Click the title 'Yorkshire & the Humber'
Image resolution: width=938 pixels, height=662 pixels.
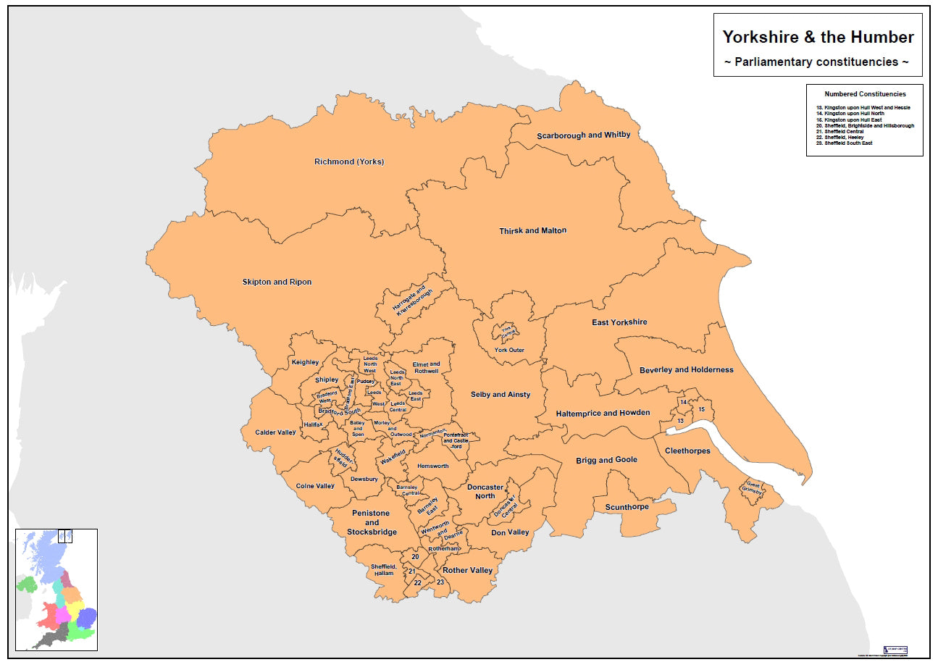818,37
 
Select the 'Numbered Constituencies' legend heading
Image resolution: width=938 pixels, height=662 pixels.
864,94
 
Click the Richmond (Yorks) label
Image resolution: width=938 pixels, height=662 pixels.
349,162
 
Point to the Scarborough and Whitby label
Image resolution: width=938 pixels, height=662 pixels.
583,135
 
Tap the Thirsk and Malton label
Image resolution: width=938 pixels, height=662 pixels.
532,231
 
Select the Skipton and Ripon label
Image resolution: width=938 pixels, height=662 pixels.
277,282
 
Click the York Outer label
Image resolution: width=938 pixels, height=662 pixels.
509,351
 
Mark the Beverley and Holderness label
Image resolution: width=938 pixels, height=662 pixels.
686,370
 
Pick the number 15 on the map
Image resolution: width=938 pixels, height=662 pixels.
701,410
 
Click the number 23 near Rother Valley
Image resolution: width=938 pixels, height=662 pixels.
440,582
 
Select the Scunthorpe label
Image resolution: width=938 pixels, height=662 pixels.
627,507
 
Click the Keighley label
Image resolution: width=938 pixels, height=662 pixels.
305,362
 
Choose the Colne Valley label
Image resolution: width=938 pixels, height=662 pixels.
315,486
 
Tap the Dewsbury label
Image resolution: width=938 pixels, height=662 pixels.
364,479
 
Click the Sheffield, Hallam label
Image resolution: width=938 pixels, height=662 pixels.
382,569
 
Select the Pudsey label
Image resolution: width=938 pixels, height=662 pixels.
365,381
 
